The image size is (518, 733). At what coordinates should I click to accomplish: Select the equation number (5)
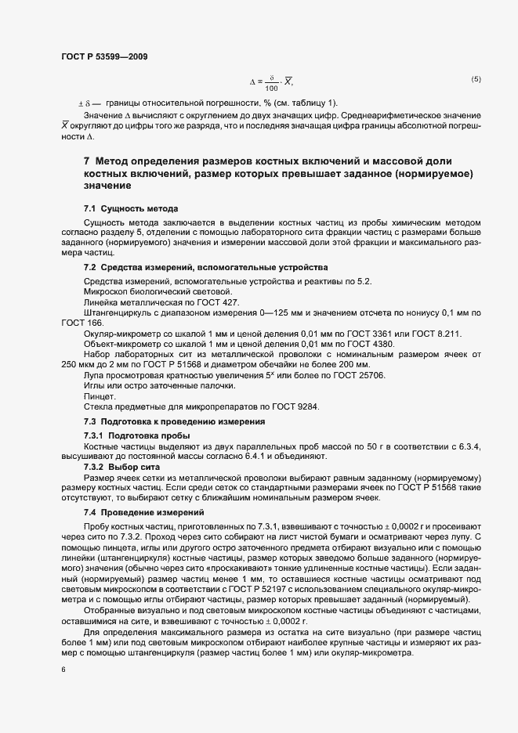tap(476, 79)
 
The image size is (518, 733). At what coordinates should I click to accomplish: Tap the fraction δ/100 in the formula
tap(272, 82)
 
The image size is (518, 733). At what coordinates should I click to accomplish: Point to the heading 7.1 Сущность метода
tap(132, 208)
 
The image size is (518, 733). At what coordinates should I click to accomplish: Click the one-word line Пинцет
tap(100, 397)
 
